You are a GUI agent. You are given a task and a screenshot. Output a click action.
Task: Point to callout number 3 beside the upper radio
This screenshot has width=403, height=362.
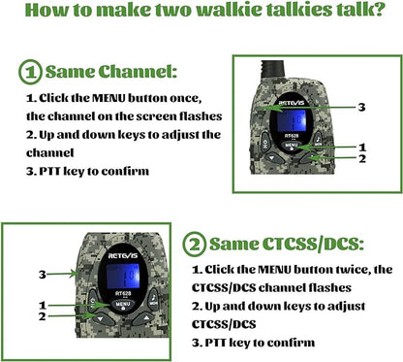tap(360, 106)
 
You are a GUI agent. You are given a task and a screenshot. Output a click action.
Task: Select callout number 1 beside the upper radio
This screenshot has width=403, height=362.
tap(360, 146)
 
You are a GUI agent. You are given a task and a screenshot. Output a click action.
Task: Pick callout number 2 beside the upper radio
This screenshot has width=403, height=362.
tap(360, 157)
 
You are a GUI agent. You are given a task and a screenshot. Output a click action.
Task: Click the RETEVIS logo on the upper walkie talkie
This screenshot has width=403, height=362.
tap(294, 99)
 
